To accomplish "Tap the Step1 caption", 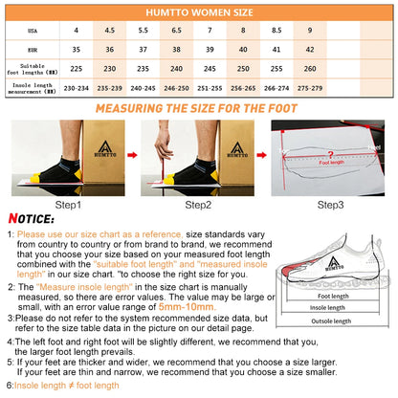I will click(67, 204).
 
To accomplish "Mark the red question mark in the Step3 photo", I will click(328, 153).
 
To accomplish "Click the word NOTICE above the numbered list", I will click(35, 218).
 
